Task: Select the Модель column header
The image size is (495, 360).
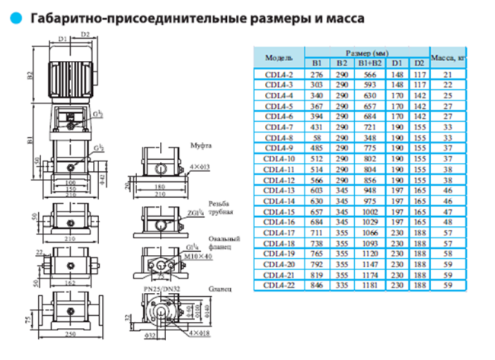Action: (279, 57)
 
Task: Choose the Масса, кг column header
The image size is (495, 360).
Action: (448, 57)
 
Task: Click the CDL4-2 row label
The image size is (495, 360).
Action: (279, 75)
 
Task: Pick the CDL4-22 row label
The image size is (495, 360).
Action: (279, 284)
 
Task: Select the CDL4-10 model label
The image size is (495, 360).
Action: (279, 158)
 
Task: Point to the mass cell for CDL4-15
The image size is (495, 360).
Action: (448, 210)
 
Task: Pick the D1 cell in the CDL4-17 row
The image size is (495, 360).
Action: (397, 231)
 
